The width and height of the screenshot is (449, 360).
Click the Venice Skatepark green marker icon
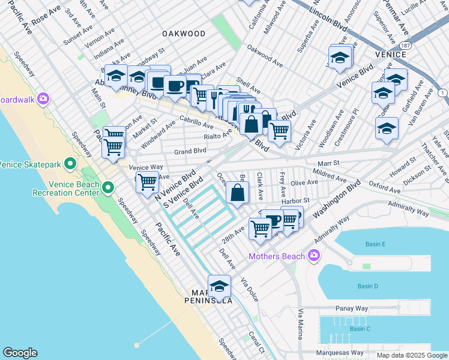70,163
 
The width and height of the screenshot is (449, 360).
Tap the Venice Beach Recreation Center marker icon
108,188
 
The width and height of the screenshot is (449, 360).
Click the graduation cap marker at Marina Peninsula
219,286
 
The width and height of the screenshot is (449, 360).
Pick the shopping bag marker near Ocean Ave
238,193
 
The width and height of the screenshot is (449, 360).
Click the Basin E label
375,244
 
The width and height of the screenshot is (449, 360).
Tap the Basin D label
367,286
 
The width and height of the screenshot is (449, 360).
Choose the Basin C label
360,329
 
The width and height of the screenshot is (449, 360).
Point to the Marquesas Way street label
340,353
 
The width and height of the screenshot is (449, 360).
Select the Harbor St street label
293,200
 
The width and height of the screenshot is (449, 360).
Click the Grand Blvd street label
190,151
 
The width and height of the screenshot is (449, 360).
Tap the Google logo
20,353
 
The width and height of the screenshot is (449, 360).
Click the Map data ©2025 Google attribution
411,355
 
